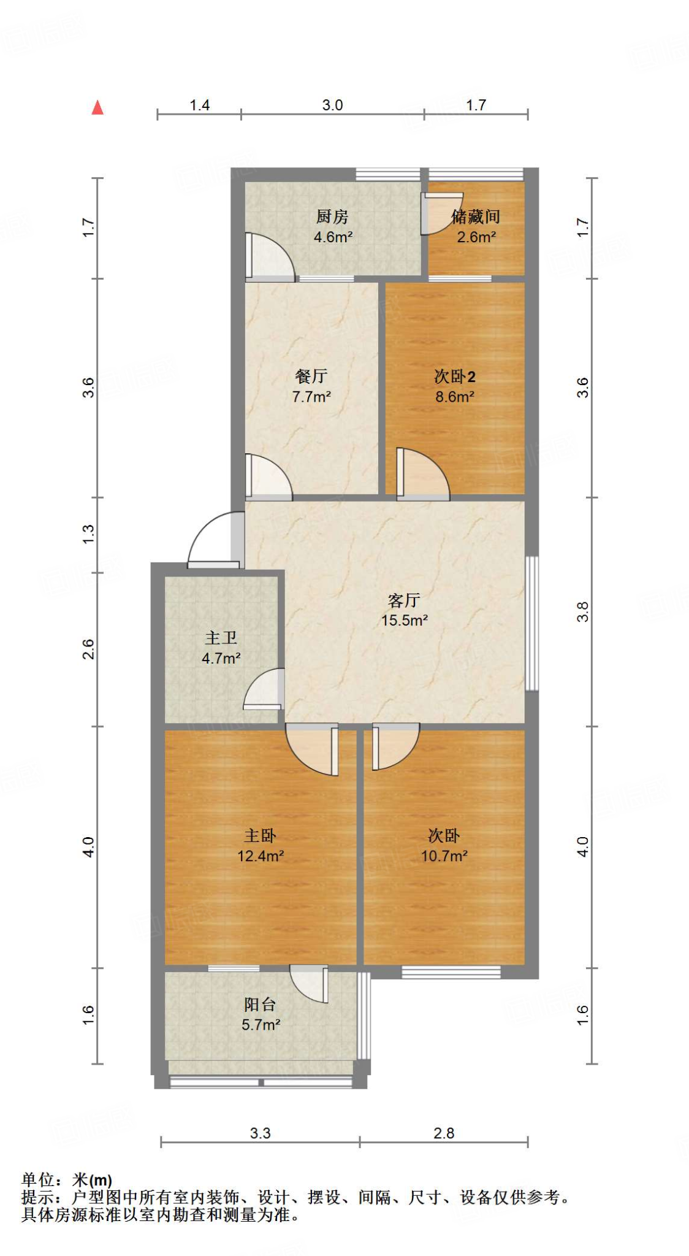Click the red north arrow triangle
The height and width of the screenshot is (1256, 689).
[97, 108]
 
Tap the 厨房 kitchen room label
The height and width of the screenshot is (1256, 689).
[332, 216]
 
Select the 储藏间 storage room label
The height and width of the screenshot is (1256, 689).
[476, 216]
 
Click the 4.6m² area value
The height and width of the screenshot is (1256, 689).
[333, 237]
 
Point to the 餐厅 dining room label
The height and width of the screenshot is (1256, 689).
[311, 376]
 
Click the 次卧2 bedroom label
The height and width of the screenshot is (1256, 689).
[455, 376]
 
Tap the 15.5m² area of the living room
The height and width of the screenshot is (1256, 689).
[405, 620]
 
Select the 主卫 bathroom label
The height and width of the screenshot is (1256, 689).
[221, 638]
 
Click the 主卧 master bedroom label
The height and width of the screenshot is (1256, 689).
[261, 835]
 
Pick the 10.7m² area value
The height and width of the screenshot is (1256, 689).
[444, 856]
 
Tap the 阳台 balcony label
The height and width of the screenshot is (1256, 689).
[261, 1004]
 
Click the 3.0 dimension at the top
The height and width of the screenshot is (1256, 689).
[332, 105]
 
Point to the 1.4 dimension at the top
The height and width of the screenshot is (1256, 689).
[200, 105]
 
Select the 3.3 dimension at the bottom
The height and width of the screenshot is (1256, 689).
[260, 1133]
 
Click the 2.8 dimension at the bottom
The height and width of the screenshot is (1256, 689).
[444, 1133]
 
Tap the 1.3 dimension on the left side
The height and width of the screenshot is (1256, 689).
[88, 533]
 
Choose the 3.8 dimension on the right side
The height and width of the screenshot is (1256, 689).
[582, 611]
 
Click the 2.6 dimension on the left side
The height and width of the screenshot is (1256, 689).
[88, 649]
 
